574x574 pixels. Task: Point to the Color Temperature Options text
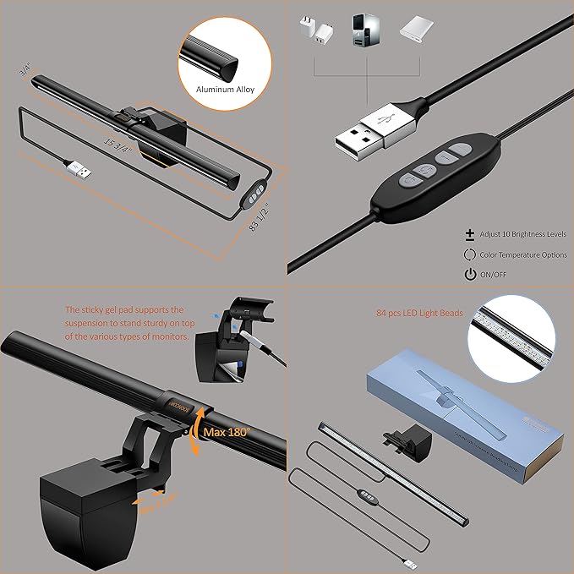point(522,254)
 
